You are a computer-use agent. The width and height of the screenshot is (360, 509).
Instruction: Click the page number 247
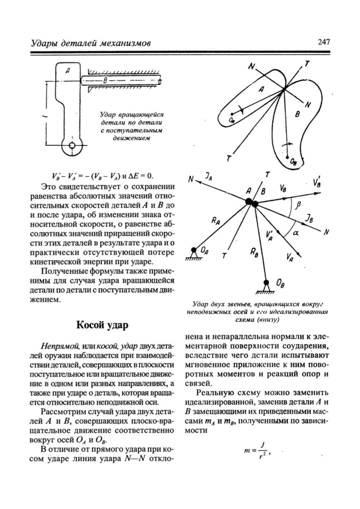[324, 42]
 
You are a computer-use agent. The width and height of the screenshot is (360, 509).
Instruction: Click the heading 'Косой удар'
[102, 325]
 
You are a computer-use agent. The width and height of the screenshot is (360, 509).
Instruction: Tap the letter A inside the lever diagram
[67, 71]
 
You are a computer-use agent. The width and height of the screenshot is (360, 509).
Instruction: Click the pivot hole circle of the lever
[72, 146]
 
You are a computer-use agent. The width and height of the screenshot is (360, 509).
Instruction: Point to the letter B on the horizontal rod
[105, 81]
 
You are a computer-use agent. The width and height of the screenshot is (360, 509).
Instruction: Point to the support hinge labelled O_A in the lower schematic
[194, 251]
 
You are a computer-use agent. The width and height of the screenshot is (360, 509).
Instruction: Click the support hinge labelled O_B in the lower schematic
[266, 283]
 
